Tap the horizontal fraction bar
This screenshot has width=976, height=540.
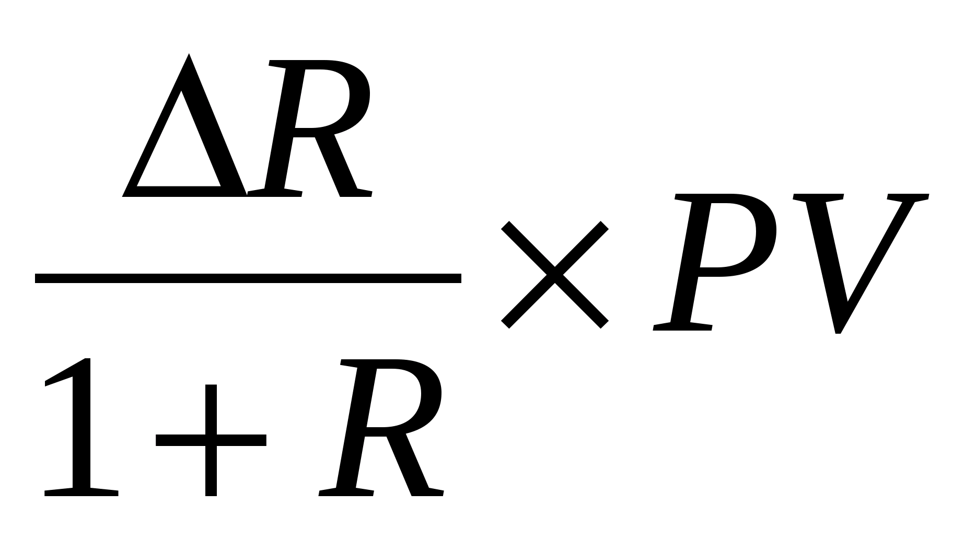[x=248, y=278]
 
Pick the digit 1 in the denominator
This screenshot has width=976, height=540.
[x=78, y=428]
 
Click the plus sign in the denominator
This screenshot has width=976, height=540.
[x=211, y=440]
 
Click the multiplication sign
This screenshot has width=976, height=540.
[x=554, y=275]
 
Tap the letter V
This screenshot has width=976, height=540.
[x=857, y=261]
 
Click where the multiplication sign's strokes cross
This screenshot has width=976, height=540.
[x=554, y=275]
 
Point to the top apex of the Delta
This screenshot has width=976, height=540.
[x=189, y=56]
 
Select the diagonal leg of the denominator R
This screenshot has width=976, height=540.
[x=413, y=465]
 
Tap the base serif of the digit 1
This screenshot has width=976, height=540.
[x=81, y=492]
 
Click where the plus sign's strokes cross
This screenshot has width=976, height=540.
[x=211, y=440]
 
